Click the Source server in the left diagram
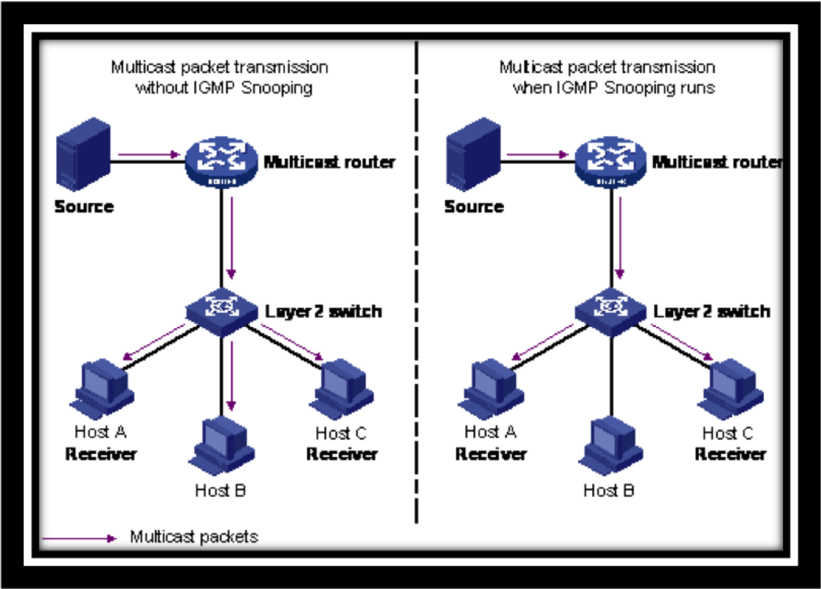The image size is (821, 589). tap(83, 155)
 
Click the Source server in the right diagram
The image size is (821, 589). tap(473, 155)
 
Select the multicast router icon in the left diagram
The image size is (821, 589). tap(221, 162)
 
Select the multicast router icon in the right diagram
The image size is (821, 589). tap(611, 162)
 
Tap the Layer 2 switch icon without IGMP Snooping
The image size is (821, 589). tap(221, 311)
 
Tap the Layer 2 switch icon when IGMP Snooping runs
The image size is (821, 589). tap(611, 311)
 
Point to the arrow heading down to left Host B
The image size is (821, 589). tap(231, 376)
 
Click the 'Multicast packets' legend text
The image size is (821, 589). tap(194, 537)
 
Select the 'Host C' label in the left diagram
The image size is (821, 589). tap(341, 433)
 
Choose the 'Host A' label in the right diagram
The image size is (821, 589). tap(490, 431)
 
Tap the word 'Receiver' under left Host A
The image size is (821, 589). tap(101, 454)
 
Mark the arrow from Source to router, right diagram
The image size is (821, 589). tap(538, 155)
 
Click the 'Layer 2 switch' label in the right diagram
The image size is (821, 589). tap(712, 311)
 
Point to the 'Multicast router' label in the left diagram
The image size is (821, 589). tap(329, 162)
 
